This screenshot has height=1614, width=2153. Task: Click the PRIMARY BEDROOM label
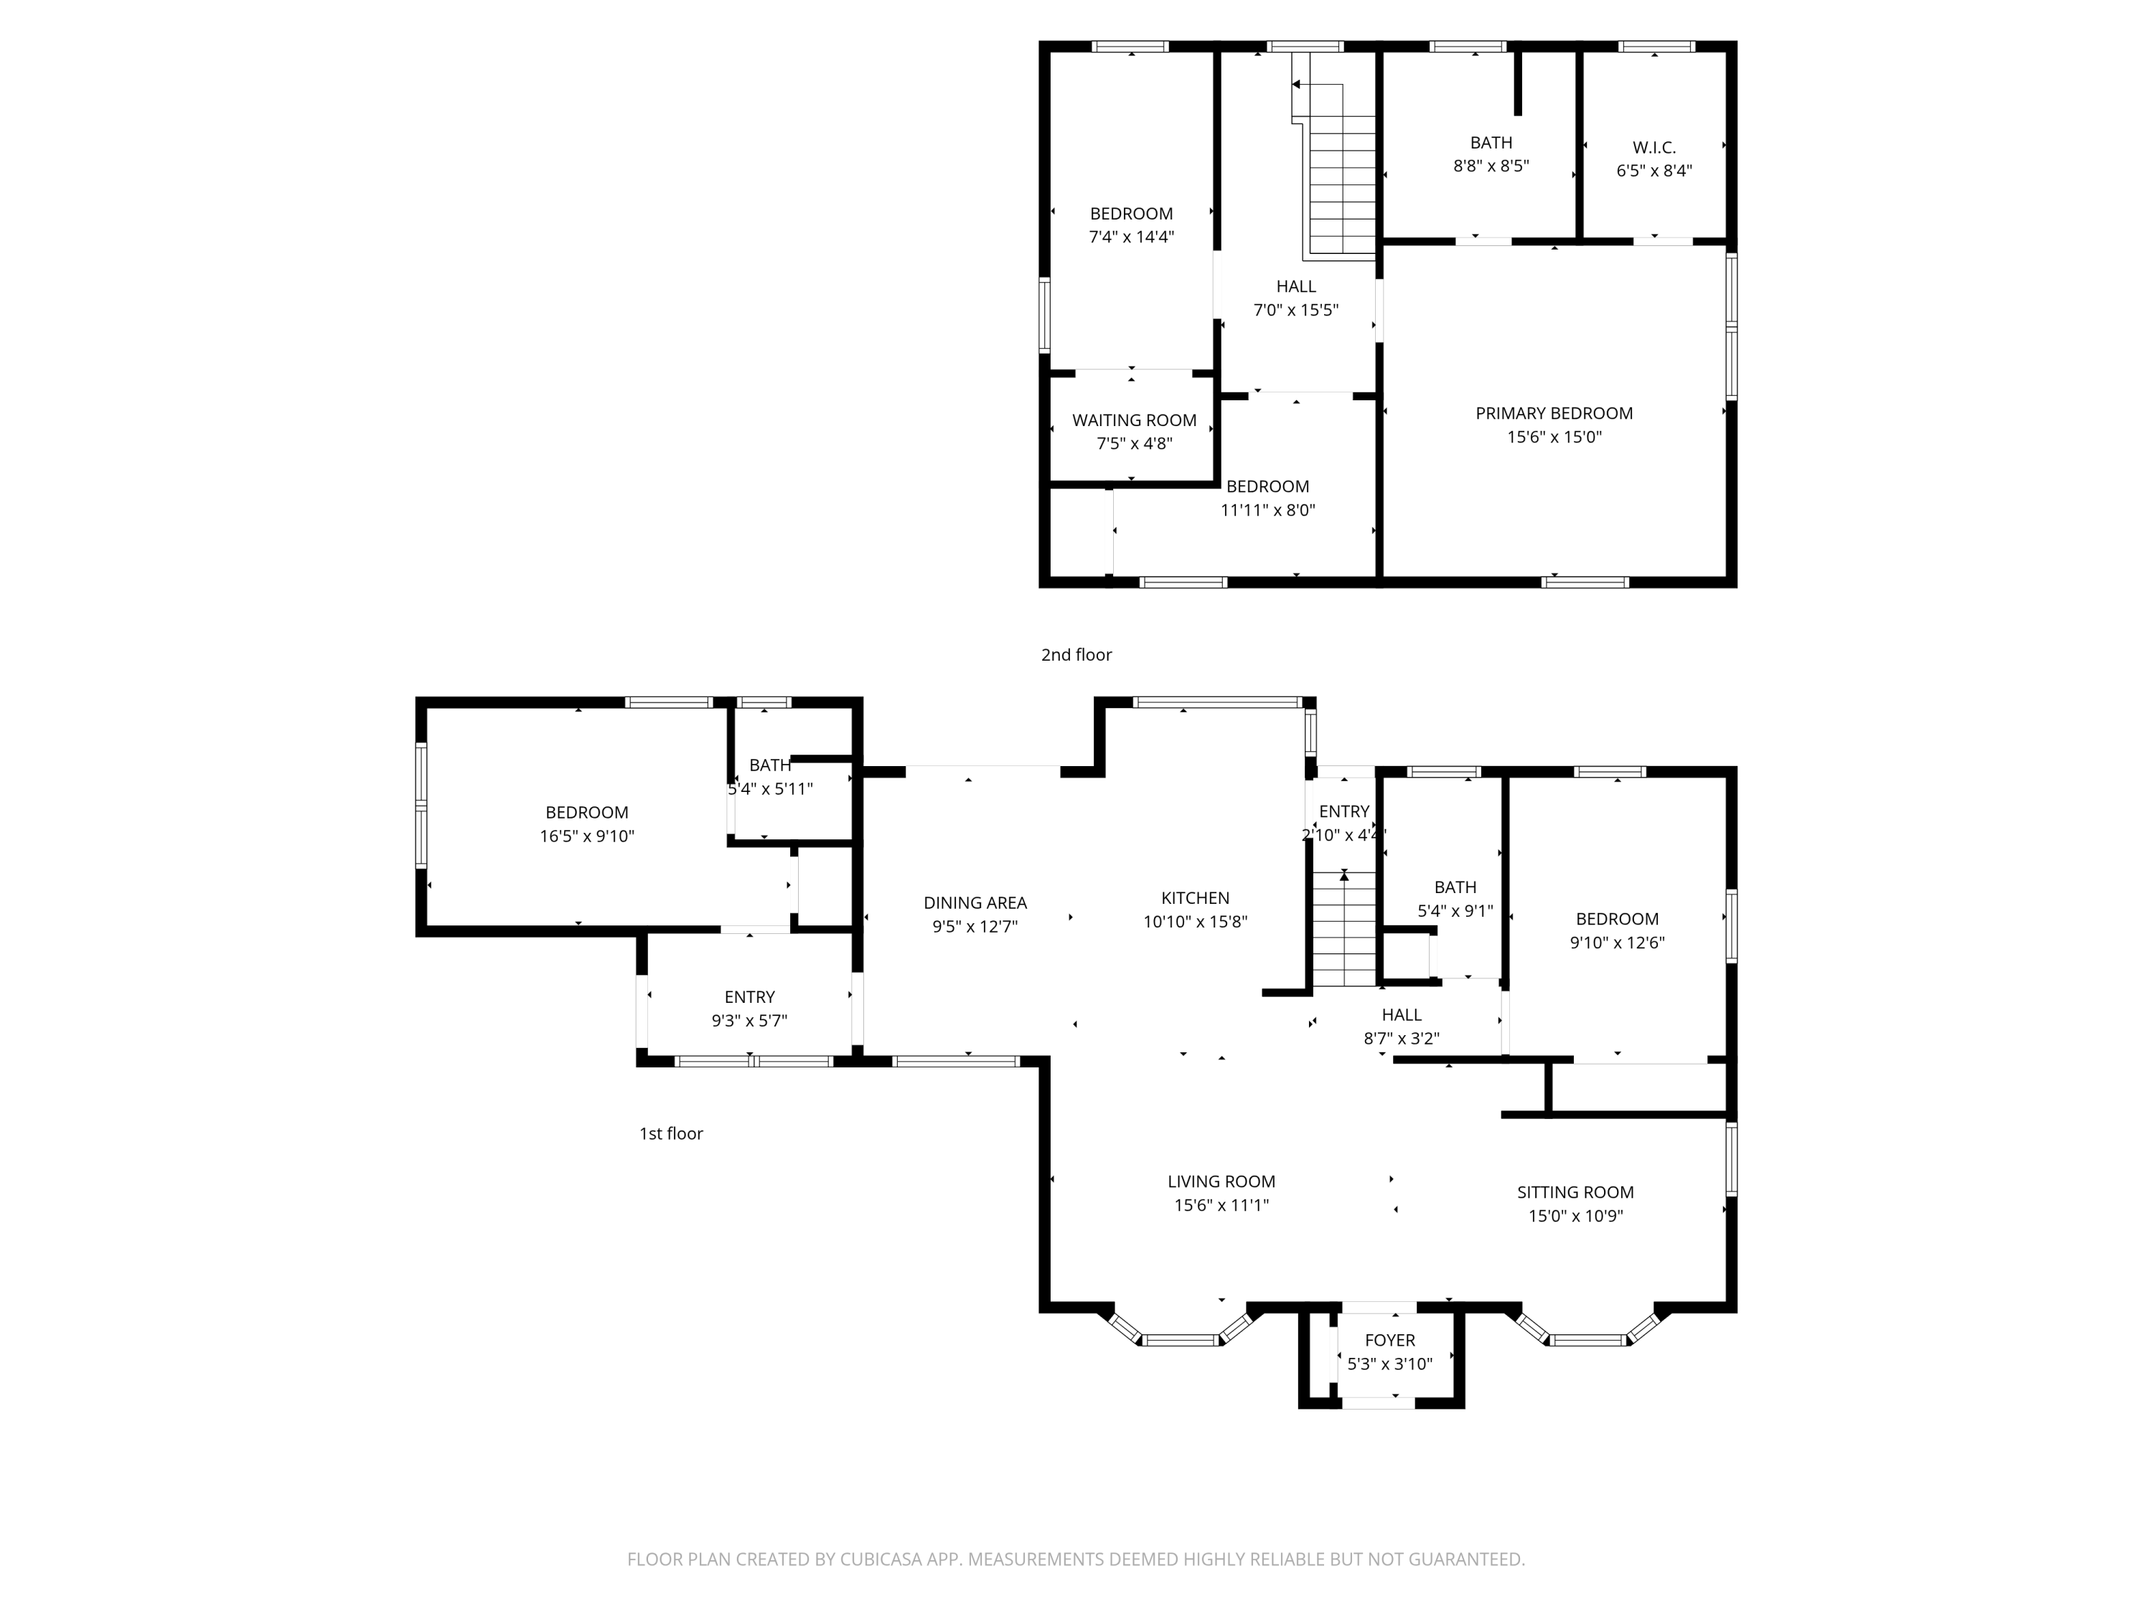point(1554,413)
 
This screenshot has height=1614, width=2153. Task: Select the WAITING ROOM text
point(1134,420)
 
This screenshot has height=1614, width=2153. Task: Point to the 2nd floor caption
point(1076,655)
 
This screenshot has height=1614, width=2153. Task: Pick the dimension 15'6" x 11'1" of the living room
point(1221,1205)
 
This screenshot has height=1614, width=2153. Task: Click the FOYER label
point(1390,1341)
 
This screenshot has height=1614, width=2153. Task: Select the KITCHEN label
point(1195,898)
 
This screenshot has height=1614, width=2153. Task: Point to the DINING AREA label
point(975,903)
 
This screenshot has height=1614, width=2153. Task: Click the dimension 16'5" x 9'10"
point(587,836)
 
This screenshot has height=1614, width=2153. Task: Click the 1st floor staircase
point(1344,929)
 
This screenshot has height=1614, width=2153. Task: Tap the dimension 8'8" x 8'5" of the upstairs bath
point(1491,166)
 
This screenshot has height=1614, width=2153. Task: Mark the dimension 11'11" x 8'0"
point(1267,510)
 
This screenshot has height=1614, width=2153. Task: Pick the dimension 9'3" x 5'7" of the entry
point(749,1021)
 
